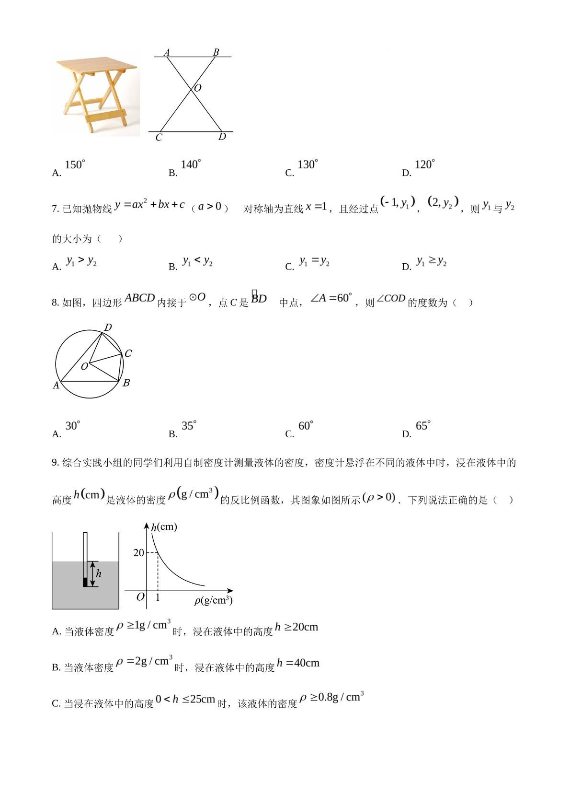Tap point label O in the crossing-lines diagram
197,88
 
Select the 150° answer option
74,165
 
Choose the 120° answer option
424,165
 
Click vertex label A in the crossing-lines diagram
167,52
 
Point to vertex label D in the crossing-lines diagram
222,137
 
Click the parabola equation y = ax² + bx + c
149,205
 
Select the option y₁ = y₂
314,261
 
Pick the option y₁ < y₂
197,261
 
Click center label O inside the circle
84,367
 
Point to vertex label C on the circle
128,354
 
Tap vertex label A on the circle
56,386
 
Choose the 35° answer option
189,426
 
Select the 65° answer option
423,426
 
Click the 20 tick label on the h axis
138,553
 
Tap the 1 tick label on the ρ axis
158,597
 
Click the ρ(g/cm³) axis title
213,600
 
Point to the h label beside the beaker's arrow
99,573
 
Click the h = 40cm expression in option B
298,663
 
